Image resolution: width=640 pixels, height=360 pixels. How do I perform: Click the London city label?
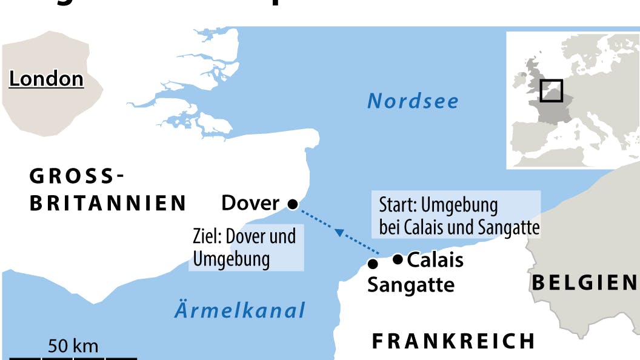click(x=46, y=79)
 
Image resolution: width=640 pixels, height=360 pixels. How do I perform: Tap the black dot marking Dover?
click(x=292, y=205)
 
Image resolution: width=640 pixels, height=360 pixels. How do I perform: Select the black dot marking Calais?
click(x=398, y=259)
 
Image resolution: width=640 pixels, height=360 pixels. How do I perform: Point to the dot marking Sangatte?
click(x=373, y=264)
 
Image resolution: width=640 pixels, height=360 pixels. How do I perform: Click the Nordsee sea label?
click(x=413, y=101)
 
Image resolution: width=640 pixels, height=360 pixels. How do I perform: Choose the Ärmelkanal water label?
click(x=240, y=310)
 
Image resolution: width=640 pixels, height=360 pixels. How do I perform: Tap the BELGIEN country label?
click(x=584, y=282)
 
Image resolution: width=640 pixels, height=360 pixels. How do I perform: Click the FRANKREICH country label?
click(x=453, y=341)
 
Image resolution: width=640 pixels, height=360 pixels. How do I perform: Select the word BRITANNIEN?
click(x=108, y=203)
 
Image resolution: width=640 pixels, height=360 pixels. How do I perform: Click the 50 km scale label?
click(x=73, y=346)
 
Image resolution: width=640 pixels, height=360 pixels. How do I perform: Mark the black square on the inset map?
click(x=551, y=91)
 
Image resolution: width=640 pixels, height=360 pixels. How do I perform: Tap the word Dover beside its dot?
click(x=250, y=203)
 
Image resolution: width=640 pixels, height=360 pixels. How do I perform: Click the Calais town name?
click(x=435, y=260)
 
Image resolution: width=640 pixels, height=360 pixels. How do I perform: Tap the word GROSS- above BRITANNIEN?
click(x=77, y=176)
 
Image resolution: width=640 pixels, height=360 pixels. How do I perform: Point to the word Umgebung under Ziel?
click(x=231, y=259)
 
